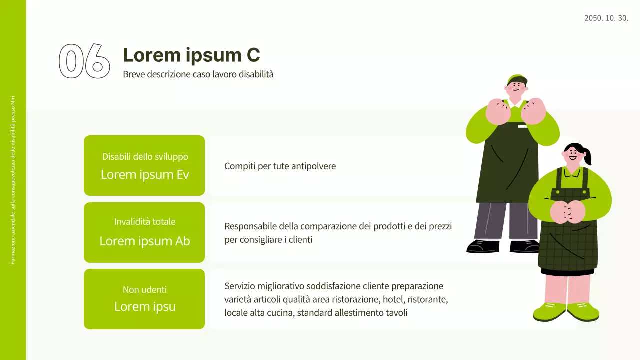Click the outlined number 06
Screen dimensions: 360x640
tap(84, 61)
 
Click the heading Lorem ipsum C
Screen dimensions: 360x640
tap(191, 55)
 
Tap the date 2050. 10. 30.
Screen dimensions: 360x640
tap(606, 18)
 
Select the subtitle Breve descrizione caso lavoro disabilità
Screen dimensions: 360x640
tap(198, 74)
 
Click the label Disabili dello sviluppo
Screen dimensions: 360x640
tap(145, 156)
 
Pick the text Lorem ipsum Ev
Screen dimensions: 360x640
tap(145, 174)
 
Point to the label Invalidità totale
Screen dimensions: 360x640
tap(145, 221)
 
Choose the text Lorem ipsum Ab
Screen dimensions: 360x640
tap(145, 241)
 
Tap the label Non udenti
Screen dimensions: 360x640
tap(145, 289)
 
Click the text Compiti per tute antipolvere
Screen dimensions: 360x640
tap(280, 166)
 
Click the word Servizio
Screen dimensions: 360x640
tap(240, 286)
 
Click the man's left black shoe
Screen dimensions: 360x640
tap(482, 246)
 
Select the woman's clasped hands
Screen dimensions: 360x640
tap(567, 211)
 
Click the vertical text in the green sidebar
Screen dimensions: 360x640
tap(13, 180)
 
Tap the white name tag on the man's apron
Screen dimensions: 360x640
tap(522, 126)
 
